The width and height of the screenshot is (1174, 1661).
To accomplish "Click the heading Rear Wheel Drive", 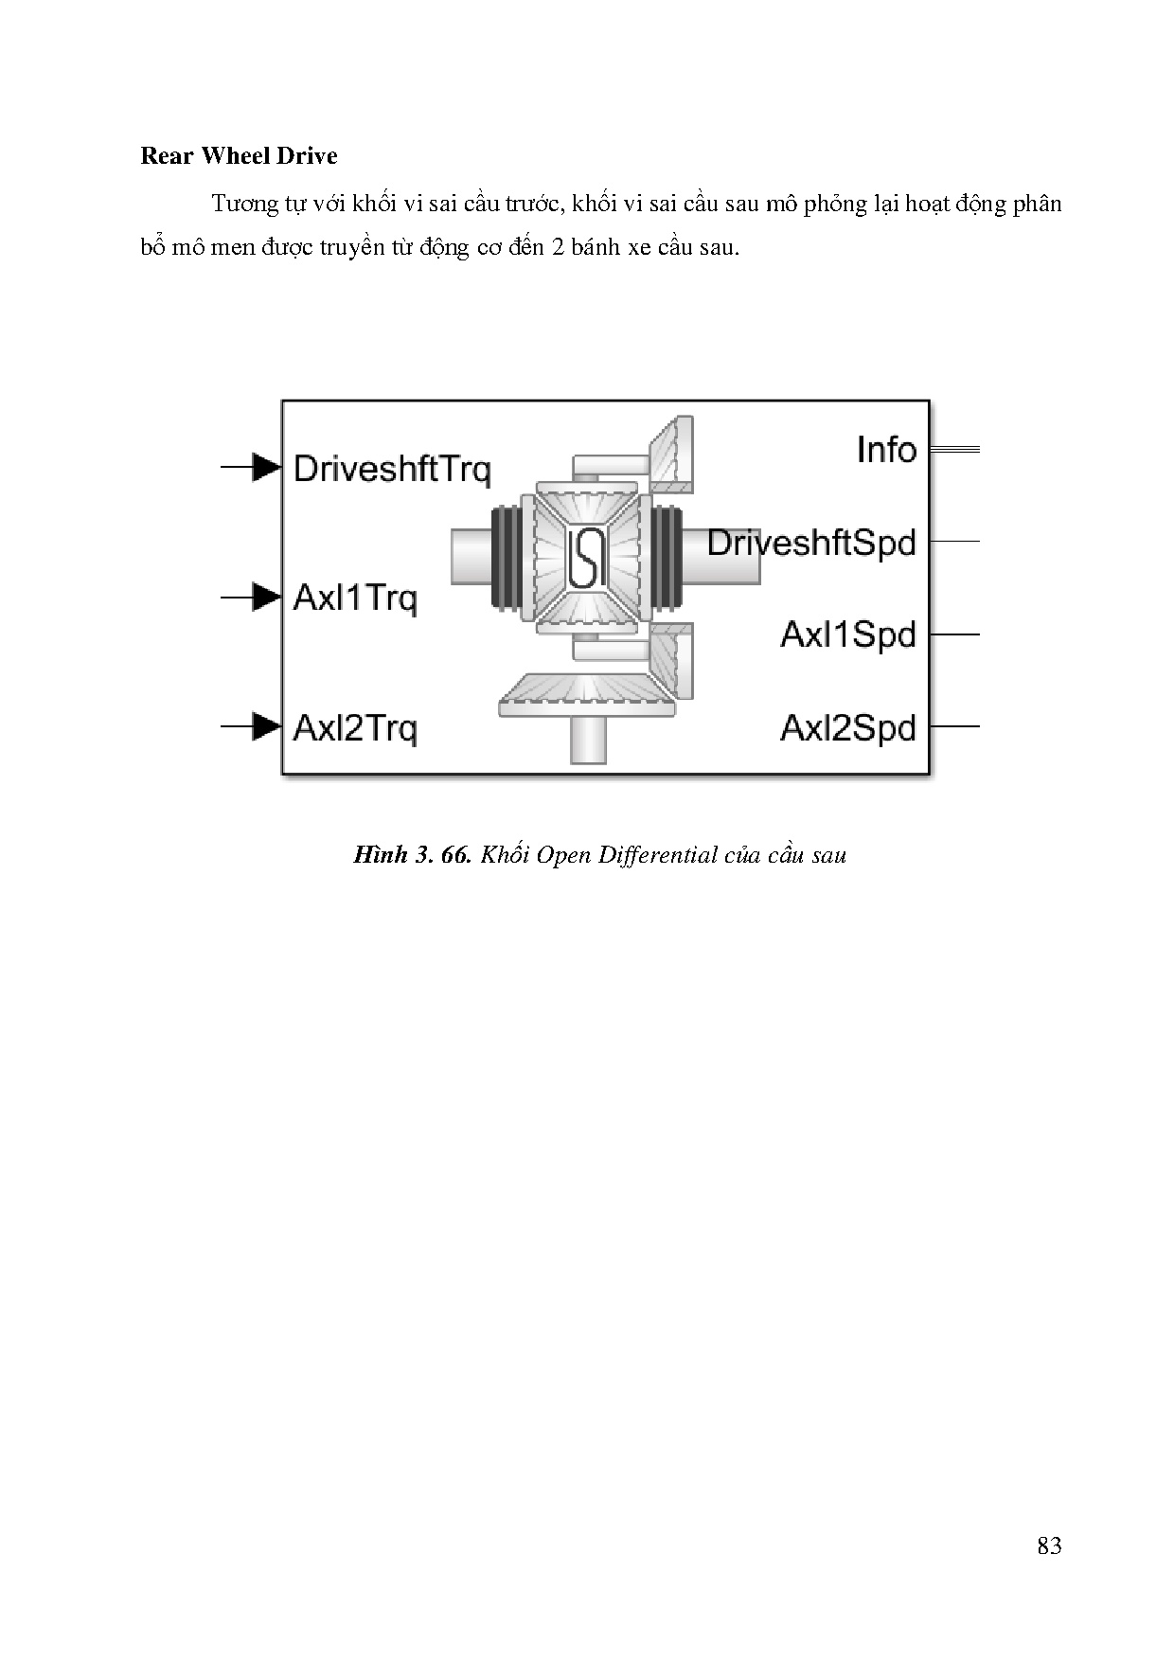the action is [x=239, y=156].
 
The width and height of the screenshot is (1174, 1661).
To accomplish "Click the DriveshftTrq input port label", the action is [x=392, y=470].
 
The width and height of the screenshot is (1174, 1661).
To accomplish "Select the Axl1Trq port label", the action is [x=355, y=598].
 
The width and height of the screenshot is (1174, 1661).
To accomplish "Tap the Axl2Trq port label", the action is [x=355, y=728].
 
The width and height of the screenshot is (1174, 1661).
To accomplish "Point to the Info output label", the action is [x=886, y=450].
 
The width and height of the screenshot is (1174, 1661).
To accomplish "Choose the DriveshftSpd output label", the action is [x=811, y=544].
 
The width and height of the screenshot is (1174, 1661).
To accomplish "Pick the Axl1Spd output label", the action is [x=848, y=634].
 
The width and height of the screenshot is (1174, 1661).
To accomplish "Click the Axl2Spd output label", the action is [x=848, y=728].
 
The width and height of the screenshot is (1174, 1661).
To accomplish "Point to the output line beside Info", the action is [x=954, y=449].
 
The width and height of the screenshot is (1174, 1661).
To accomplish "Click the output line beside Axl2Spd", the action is [x=954, y=726].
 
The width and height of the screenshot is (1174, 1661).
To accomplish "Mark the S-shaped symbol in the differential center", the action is [x=586, y=557].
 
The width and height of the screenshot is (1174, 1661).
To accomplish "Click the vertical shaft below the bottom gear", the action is [x=588, y=740].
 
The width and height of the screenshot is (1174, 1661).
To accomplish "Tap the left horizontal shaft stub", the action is [x=471, y=556].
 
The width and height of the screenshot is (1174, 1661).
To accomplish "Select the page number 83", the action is [x=1049, y=1546].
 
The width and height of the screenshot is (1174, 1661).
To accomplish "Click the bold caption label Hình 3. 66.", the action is [x=412, y=855].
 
